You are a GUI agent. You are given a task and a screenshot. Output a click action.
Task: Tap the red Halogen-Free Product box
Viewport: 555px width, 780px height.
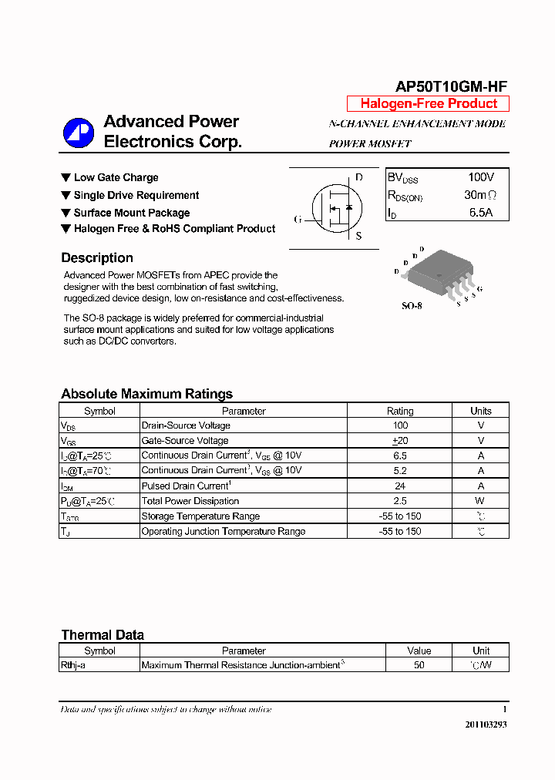click(x=428, y=104)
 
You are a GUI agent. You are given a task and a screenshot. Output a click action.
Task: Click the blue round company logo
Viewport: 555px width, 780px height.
click(x=78, y=133)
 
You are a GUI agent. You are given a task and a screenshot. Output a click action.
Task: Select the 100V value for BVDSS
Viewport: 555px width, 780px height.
click(x=481, y=177)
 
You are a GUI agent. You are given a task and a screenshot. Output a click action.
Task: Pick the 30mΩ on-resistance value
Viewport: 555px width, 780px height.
click(x=480, y=195)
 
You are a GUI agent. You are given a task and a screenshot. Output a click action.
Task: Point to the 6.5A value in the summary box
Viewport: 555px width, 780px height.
click(x=480, y=213)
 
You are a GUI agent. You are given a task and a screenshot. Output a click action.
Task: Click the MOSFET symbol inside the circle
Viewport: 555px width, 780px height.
click(x=336, y=208)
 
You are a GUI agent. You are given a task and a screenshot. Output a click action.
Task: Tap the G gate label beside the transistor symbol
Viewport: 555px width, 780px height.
click(x=297, y=219)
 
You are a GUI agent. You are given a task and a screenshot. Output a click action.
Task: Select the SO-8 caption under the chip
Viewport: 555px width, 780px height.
click(x=412, y=306)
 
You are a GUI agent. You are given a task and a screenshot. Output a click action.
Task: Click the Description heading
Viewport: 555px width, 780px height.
click(x=97, y=258)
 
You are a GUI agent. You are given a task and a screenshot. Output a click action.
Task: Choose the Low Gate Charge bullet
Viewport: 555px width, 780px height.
click(x=116, y=177)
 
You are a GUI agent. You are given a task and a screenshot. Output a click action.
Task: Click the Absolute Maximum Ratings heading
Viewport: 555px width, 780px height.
click(x=146, y=394)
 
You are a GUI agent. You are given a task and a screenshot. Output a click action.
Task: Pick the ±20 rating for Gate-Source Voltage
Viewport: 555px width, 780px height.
click(x=400, y=441)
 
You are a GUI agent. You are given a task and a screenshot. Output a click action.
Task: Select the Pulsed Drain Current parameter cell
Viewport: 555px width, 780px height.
click(x=186, y=486)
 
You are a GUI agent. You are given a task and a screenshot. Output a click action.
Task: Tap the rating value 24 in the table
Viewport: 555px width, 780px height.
click(x=400, y=486)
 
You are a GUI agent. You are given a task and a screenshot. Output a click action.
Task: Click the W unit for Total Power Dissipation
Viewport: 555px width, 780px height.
click(x=480, y=501)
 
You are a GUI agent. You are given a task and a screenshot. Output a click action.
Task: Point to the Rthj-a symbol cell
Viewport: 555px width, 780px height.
click(x=73, y=665)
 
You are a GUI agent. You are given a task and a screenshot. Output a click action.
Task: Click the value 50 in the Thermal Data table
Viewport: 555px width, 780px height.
click(x=419, y=665)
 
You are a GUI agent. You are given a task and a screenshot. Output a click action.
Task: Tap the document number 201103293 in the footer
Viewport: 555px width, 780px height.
click(x=486, y=725)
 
